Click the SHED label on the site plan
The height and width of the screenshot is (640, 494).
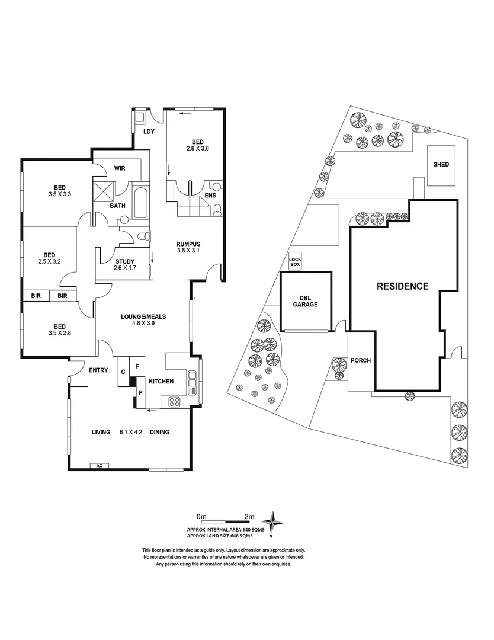pos(441,165)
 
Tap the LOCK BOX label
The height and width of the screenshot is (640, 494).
pos(295,261)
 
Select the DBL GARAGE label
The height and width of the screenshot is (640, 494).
pos(305,301)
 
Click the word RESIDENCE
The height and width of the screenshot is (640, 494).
pos(403,286)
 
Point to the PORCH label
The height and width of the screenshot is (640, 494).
pos(360,360)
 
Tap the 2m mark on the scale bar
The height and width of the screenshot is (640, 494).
pos(249,516)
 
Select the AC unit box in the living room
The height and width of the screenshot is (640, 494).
pos(98,466)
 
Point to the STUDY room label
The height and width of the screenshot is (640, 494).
pos(125,261)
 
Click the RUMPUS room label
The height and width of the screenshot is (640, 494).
pos(189,244)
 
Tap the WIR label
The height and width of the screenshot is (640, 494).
pos(120,168)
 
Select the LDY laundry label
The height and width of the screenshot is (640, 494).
pos(149,132)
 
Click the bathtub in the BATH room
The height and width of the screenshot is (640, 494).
pos(141,203)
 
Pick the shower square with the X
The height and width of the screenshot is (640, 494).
pos(103,192)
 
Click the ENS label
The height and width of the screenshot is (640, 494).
pos(210,195)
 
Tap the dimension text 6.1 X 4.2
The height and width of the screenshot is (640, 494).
pos(130,433)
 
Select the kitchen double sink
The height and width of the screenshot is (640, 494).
pos(193,383)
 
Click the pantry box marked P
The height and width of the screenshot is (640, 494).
pos(141,393)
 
